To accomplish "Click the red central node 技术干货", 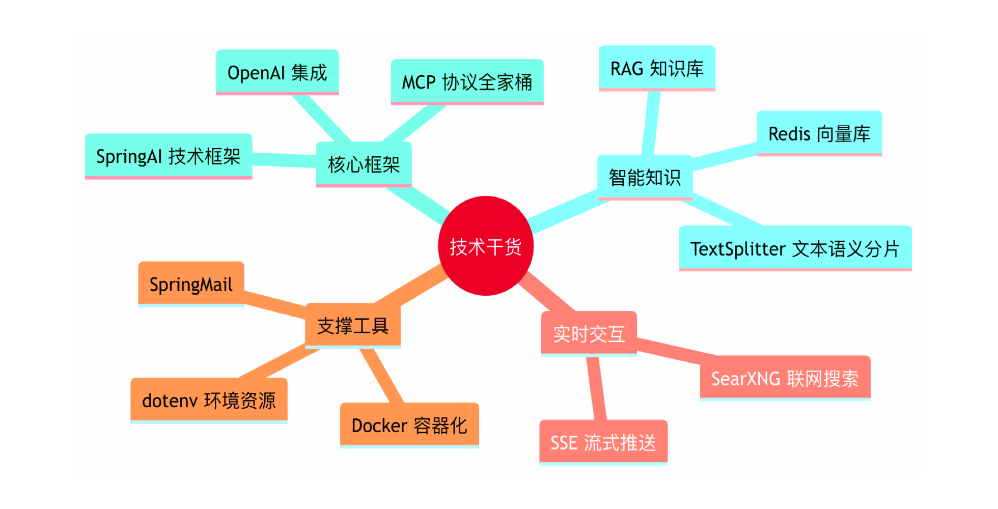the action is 485,246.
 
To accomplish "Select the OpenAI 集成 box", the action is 277,72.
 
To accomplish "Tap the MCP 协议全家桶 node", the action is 467,82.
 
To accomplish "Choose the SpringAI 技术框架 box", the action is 169,156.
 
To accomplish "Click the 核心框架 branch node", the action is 364,164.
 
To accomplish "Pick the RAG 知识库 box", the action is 657,68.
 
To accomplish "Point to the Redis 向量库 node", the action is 819,133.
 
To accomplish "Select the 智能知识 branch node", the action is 645,178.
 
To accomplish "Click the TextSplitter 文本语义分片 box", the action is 795,248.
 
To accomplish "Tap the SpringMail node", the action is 191,284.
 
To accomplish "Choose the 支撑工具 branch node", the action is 353,326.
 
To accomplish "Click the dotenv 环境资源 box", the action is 209,401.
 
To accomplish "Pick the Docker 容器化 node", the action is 409,426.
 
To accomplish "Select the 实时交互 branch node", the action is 589,334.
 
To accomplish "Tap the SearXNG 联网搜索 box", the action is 785,378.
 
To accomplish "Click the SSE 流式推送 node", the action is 603,443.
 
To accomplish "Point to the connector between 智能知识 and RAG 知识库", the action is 651,123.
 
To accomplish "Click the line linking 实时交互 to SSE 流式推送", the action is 596,388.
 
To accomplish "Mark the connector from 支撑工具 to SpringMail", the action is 275,303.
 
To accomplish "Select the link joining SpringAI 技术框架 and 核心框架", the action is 284,160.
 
